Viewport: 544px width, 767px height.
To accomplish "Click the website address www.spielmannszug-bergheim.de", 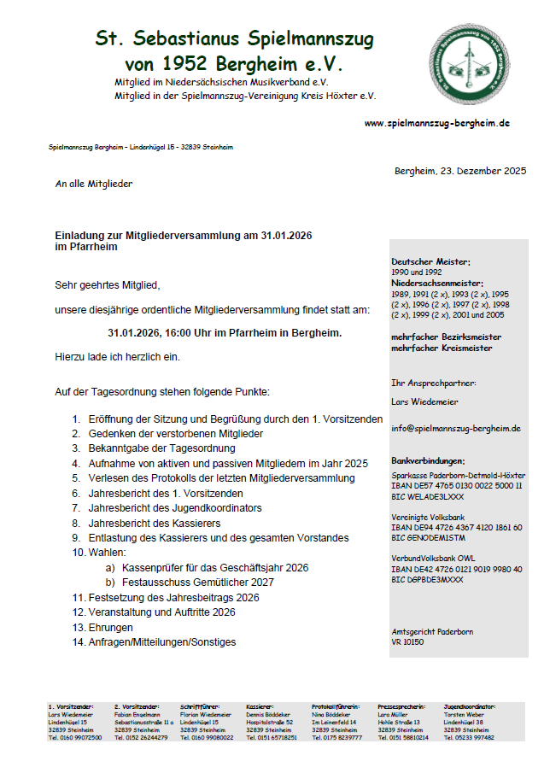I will pyautogui.click(x=436, y=123).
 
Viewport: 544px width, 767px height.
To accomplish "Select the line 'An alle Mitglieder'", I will pyautogui.click(x=94, y=184).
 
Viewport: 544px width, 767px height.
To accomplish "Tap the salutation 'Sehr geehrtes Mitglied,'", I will pyautogui.click(x=108, y=284).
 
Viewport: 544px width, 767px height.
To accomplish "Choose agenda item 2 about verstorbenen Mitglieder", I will pyautogui.click(x=175, y=434).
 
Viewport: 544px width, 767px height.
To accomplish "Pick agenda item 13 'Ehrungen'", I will pyautogui.click(x=111, y=627).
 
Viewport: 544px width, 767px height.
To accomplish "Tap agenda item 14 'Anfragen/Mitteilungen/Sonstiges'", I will pyautogui.click(x=162, y=641).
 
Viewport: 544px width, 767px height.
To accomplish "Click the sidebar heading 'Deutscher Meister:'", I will pyautogui.click(x=430, y=261).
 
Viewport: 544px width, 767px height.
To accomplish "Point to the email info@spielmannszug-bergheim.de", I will pyautogui.click(x=456, y=428).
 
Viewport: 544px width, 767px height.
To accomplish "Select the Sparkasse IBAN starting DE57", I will pyautogui.click(x=457, y=485).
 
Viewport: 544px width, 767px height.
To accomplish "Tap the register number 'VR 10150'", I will pyautogui.click(x=407, y=641).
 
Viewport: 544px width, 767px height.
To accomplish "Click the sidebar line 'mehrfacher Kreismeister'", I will pyautogui.click(x=442, y=348).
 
